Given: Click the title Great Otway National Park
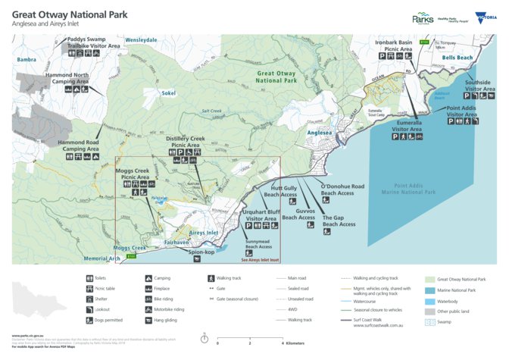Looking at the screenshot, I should [70, 14].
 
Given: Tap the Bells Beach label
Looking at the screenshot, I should [457, 58].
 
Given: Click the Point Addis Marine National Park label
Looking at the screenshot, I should [414, 189].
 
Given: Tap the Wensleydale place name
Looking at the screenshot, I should [141, 39].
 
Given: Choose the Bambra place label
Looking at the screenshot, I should [27, 58].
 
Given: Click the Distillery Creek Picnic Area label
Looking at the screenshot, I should [186, 142].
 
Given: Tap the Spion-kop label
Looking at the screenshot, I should [202, 251].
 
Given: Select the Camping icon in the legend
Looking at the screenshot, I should [148, 278].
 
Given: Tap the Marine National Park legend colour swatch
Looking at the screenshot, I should [430, 290].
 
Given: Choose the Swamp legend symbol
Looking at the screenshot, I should [430, 321].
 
